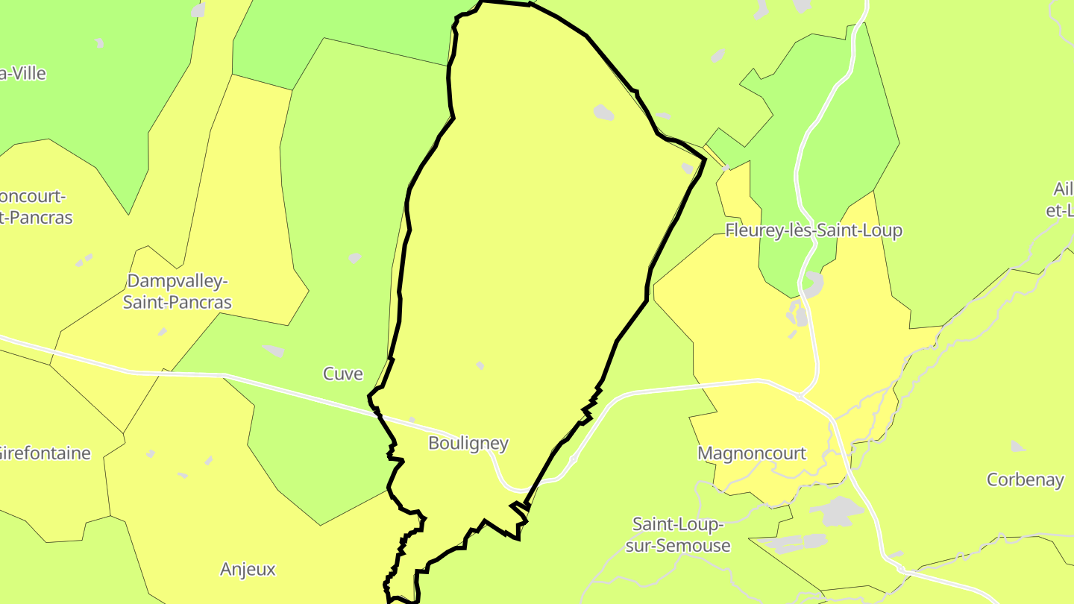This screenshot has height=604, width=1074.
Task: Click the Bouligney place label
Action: pyautogui.click(x=468, y=444)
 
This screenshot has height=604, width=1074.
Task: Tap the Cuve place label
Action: pyautogui.click(x=342, y=374)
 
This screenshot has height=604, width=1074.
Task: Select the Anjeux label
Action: pyautogui.click(x=248, y=570)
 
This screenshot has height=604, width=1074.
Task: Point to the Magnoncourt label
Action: pyautogui.click(x=752, y=453)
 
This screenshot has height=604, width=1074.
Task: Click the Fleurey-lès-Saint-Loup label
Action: pyautogui.click(x=814, y=230)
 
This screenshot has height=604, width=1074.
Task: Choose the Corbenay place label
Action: pyautogui.click(x=1025, y=479)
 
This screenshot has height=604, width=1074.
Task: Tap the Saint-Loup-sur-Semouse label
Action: pyautogui.click(x=678, y=535)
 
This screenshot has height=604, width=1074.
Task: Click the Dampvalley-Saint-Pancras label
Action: pyautogui.click(x=178, y=292)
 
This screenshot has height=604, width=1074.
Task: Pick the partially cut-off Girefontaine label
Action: pyautogui.click(x=45, y=453)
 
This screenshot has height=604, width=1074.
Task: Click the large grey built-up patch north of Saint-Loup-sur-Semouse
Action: pyautogui.click(x=836, y=512)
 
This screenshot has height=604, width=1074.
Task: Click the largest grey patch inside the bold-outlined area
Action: pyautogui.click(x=603, y=113)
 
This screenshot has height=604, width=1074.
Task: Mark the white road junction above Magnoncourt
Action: pyautogui.click(x=799, y=396)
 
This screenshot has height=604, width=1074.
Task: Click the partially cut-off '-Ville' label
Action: pyautogui.click(x=23, y=74)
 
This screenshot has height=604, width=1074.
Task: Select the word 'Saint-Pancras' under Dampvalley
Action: pyautogui.click(x=178, y=303)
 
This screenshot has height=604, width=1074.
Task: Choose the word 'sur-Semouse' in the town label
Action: pyautogui.click(x=678, y=546)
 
